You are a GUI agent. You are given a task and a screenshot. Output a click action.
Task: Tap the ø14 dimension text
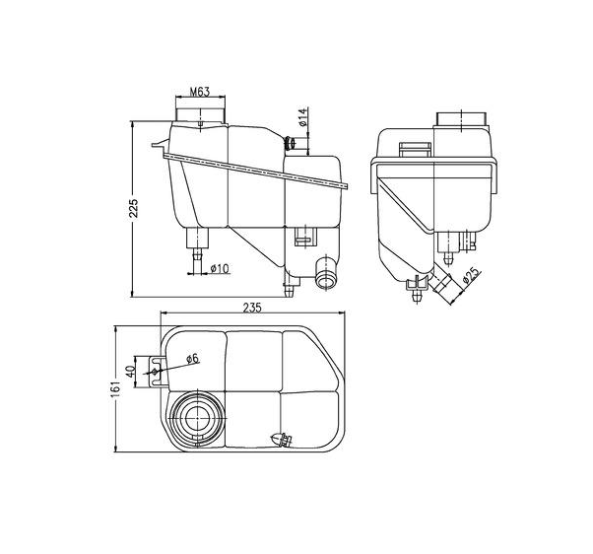click(x=304, y=121)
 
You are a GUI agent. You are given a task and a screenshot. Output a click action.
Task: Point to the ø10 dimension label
click(x=219, y=268)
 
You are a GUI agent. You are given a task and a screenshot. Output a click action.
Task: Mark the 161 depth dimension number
click(x=116, y=391)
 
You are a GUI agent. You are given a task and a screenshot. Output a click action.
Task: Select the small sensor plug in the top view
click(x=281, y=440)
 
